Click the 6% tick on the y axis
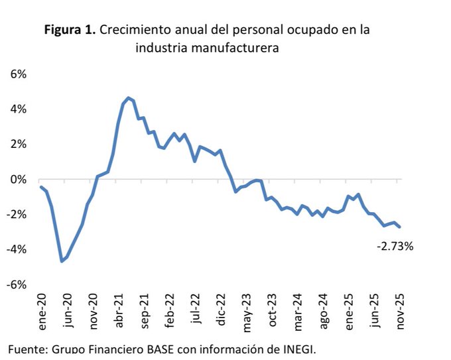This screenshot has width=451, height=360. (x=18, y=74)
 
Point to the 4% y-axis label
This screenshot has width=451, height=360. (x=18, y=109)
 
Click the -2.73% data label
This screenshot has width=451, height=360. (x=395, y=246)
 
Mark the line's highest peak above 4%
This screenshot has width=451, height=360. (x=128, y=97)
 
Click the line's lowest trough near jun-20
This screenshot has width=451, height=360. (x=62, y=261)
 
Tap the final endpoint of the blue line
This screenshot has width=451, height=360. (x=399, y=227)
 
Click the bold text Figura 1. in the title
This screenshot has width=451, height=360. (x=70, y=30)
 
